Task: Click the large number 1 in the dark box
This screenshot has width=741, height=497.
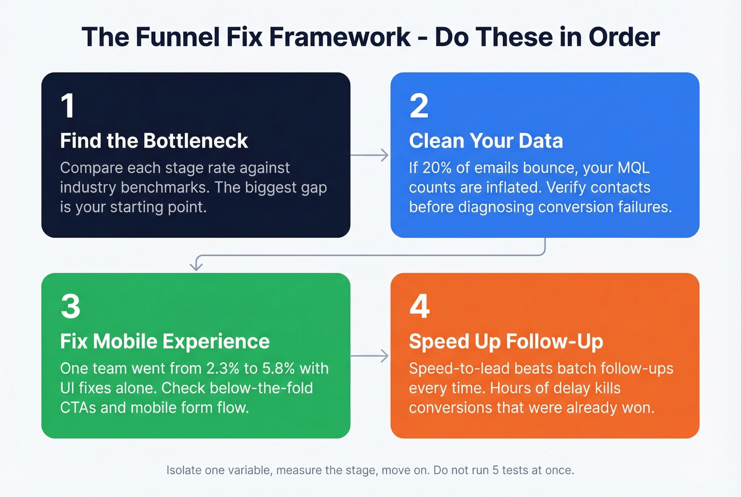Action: click(68, 106)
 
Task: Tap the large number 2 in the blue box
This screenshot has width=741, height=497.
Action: click(419, 106)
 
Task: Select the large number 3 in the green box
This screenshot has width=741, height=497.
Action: click(70, 306)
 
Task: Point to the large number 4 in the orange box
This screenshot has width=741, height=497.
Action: click(419, 306)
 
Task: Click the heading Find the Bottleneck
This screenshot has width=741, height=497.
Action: click(153, 141)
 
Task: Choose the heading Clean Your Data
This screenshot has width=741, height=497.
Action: click(485, 141)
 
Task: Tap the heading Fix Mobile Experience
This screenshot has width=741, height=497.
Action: click(165, 341)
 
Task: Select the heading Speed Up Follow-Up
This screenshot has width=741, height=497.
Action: click(505, 341)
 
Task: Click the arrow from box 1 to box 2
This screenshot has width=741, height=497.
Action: click(369, 156)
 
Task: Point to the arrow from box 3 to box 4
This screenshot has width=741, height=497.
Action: click(369, 356)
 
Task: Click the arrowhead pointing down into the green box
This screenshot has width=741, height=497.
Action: click(196, 266)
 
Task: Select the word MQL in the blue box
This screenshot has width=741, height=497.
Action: click(634, 168)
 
